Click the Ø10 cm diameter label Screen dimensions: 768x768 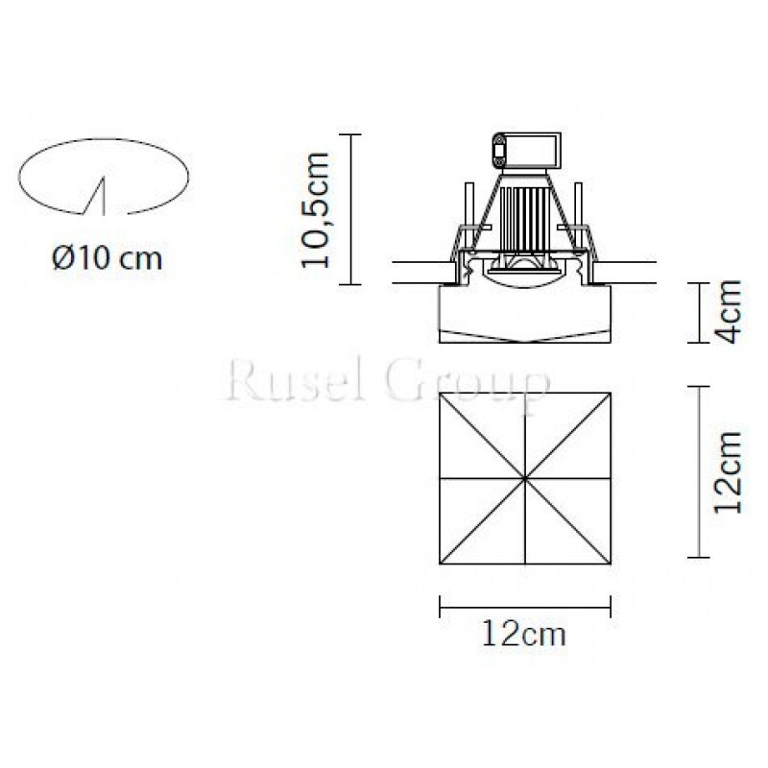point(107,257)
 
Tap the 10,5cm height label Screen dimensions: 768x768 point(315,209)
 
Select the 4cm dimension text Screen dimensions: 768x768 point(728,311)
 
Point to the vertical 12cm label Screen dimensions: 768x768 point(728,471)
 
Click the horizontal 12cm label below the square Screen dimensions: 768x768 point(524,634)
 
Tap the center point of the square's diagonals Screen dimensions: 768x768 point(525,478)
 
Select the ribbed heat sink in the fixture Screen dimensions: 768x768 point(524,218)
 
